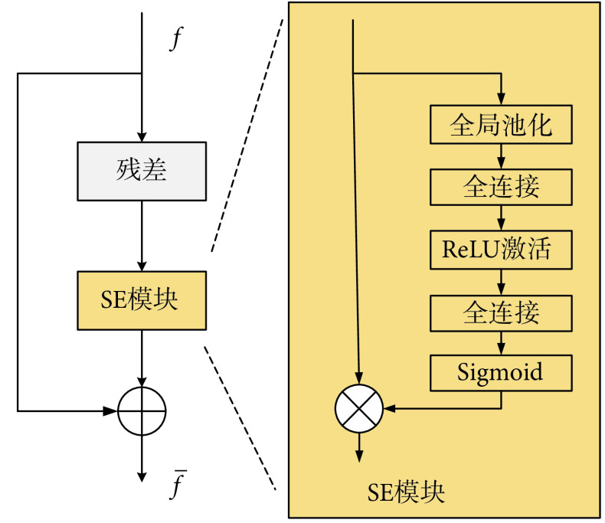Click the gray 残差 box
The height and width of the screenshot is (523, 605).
tap(142, 170)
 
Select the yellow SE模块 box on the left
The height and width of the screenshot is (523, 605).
tap(142, 300)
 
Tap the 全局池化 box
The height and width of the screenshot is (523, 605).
tap(501, 125)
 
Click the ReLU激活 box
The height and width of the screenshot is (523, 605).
tap(501, 249)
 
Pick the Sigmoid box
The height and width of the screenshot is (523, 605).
tap(501, 373)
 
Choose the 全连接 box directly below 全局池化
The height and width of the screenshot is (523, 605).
tap(501, 187)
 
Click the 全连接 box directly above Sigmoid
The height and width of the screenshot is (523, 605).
tap(501, 312)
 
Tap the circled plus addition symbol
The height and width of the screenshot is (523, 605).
tap(142, 410)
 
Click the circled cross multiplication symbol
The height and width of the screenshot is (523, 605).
tap(358, 408)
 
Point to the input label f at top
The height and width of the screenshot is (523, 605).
tap(175, 39)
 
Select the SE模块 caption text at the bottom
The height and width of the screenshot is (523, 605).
tap(407, 492)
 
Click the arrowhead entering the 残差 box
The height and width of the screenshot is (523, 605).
tap(142, 136)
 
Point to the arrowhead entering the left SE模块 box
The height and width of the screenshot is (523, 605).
tap(142, 265)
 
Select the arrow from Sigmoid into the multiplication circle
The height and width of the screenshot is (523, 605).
tap(444, 408)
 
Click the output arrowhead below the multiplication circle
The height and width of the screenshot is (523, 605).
tap(358, 456)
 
